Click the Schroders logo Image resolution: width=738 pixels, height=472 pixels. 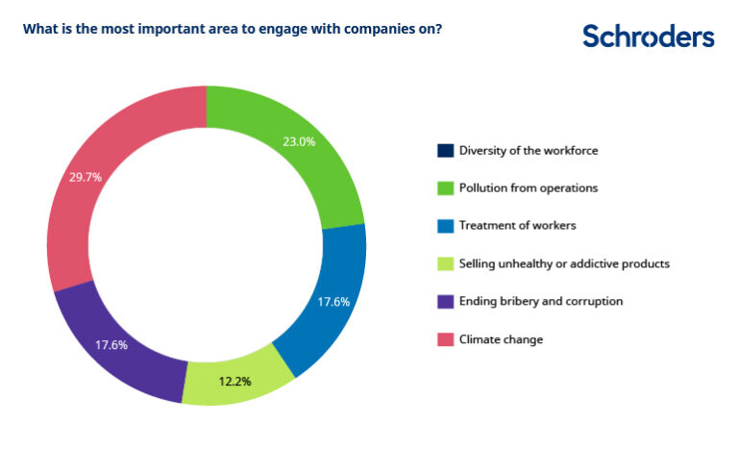(649, 37)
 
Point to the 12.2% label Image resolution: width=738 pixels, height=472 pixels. (234, 381)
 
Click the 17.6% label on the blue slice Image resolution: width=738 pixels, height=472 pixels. (333, 301)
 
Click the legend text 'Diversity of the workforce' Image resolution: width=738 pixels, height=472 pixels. (529, 151)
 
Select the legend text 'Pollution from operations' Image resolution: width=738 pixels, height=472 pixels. (528, 188)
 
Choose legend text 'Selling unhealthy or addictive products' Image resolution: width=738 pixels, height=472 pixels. (564, 263)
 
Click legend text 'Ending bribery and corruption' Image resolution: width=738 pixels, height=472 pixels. (541, 301)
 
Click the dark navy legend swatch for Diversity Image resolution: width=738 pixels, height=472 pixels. (445, 151)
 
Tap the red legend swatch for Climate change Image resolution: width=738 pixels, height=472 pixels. (445, 338)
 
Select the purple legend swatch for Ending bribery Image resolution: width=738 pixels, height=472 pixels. (445, 301)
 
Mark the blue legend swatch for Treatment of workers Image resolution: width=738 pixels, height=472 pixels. (445, 226)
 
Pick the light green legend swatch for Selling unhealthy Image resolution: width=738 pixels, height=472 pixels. (445, 263)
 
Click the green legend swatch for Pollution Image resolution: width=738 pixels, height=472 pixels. (445, 188)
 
